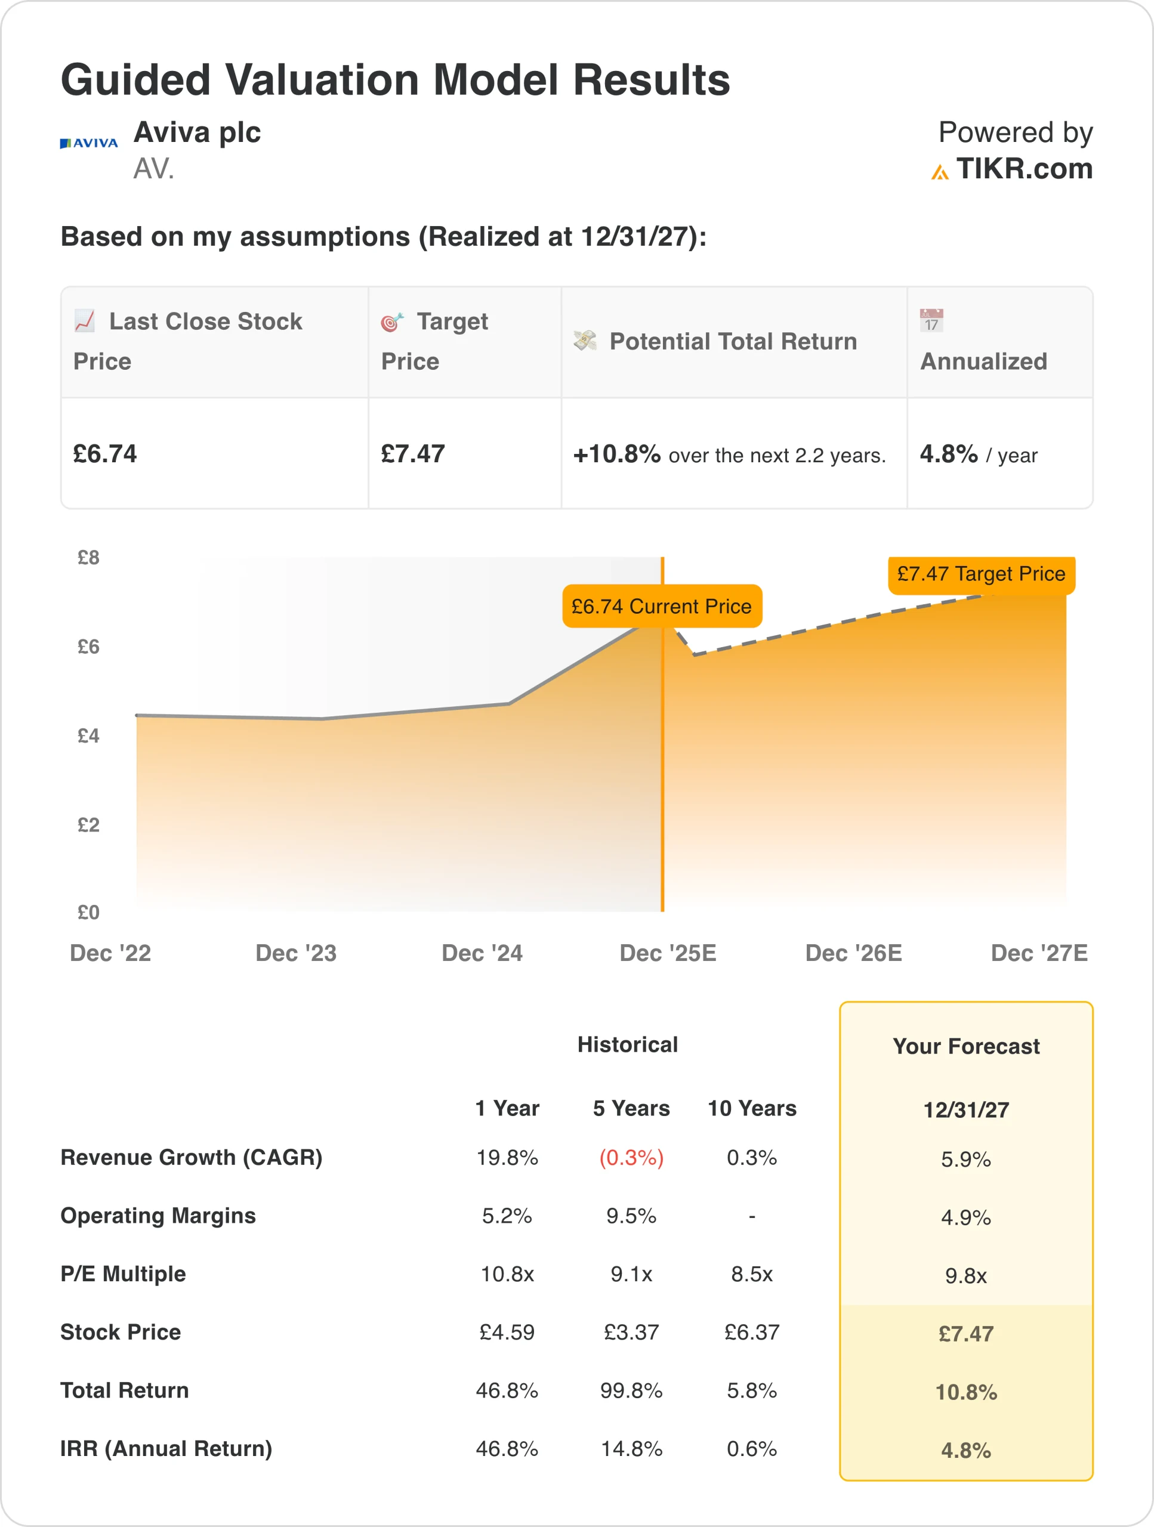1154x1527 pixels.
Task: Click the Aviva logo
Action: click(88, 143)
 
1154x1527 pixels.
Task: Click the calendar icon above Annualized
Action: click(931, 321)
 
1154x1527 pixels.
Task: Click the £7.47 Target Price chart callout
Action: click(980, 574)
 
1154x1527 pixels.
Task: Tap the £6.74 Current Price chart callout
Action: click(662, 606)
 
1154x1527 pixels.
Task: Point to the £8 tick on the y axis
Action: click(88, 558)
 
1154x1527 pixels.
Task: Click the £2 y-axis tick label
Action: click(88, 825)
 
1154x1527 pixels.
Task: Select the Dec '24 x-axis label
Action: click(482, 953)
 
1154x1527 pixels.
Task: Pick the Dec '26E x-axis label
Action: click(854, 953)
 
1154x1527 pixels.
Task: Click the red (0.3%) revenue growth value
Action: click(631, 1158)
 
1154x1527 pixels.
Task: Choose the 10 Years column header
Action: click(752, 1109)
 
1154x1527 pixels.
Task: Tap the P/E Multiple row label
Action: click(123, 1273)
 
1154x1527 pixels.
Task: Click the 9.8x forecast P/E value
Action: click(965, 1276)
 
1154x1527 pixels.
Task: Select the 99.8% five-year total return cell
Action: click(631, 1390)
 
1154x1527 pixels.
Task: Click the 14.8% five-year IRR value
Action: click(631, 1448)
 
